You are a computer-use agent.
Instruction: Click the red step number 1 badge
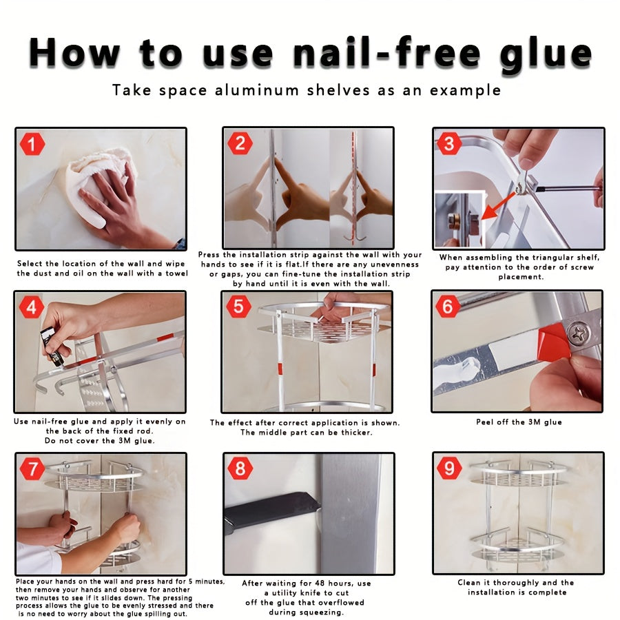click(x=32, y=145)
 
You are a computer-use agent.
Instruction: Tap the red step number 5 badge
click(x=238, y=306)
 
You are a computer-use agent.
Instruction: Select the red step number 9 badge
click(x=449, y=468)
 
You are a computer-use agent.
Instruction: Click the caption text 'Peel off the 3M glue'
click(x=518, y=422)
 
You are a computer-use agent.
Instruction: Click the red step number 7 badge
click(x=32, y=469)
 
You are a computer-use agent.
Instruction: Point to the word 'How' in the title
click(x=72, y=54)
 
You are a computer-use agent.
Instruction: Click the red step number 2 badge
click(x=240, y=143)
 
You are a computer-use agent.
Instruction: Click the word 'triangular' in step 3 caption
click(x=543, y=257)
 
